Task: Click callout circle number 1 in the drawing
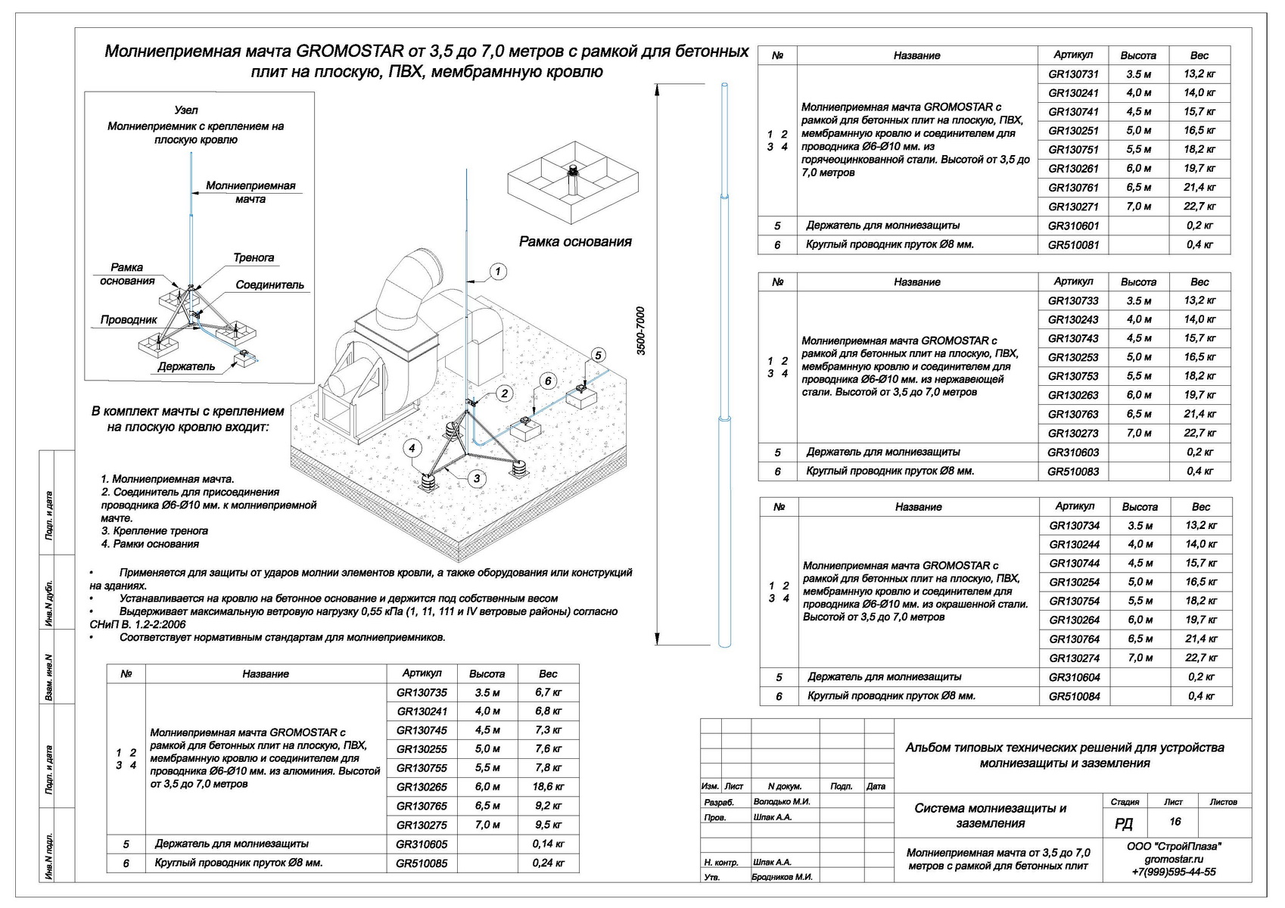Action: pos(497,272)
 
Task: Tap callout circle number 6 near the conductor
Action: pos(549,381)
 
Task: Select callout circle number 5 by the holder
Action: pos(598,355)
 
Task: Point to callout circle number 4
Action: pos(412,449)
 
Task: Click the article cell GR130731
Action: pos(1073,74)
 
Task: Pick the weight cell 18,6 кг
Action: pos(548,787)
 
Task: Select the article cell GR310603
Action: pos(1073,452)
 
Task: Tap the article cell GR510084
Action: pos(1075,696)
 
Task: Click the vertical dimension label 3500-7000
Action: pos(641,331)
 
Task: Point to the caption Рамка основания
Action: pos(575,242)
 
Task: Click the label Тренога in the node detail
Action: pos(254,258)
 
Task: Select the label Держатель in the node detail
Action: pos(186,367)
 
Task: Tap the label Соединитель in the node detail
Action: pos(269,285)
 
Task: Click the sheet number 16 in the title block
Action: pos(1175,822)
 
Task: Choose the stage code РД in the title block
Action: pos(1124,823)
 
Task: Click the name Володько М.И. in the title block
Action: pos(782,801)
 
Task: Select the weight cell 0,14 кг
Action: pos(548,844)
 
